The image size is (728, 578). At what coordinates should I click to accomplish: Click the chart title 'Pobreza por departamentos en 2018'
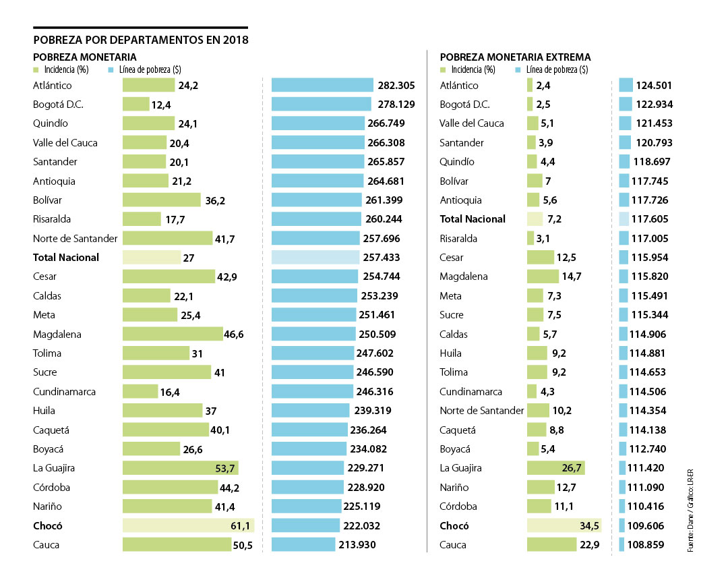click(140, 40)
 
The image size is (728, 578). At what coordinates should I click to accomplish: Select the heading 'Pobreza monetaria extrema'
click(515, 57)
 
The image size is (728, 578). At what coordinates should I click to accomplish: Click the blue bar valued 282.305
click(322, 85)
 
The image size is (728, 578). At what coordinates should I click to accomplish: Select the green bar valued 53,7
click(180, 469)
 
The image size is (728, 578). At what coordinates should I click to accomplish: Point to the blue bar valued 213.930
click(303, 545)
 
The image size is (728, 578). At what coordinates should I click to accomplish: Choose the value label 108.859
click(650, 545)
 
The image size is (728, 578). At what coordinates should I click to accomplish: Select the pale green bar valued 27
click(152, 258)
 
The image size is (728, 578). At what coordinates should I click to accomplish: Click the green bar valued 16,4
click(140, 392)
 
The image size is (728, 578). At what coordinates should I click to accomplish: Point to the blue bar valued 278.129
click(321, 105)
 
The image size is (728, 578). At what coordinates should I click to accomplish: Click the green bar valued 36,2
click(162, 200)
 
